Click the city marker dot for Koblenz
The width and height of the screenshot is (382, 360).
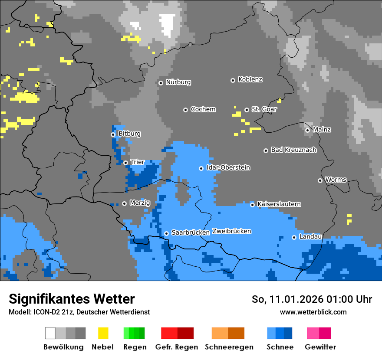233,80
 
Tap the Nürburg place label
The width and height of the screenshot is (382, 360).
178,82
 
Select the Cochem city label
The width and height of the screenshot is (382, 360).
203,109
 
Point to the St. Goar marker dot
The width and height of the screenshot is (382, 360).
247,110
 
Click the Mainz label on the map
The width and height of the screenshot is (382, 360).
322,130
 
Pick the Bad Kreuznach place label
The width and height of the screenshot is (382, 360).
293,150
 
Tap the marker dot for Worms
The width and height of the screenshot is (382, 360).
320,180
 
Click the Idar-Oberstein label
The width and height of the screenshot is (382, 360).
228,168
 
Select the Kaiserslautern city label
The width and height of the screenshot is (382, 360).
279,204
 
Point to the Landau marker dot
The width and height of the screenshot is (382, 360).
294,237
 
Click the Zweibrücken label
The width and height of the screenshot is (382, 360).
231,231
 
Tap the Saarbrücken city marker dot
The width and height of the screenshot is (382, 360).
166,233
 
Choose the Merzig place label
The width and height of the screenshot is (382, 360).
140,203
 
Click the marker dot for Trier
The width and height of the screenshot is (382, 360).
125,163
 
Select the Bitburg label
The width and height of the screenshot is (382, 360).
129,134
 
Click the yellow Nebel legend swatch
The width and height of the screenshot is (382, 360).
103,333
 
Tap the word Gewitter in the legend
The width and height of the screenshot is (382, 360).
320,347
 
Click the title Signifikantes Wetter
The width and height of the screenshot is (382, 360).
72,299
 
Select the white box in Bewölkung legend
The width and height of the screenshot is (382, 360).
50,333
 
